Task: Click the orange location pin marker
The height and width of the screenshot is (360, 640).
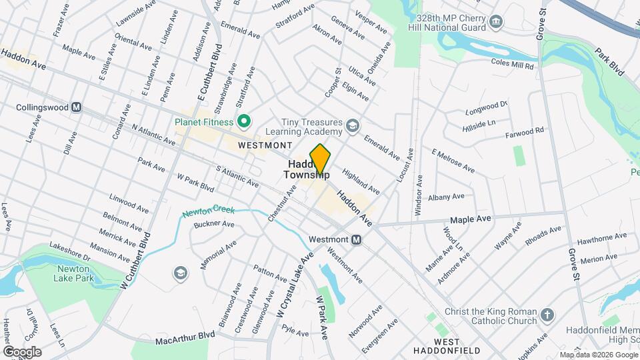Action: click(x=320, y=160)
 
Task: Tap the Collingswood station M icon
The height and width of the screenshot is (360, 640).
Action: click(x=77, y=107)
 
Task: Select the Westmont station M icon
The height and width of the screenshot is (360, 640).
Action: click(x=356, y=239)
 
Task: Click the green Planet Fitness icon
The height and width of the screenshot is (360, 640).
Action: click(x=244, y=121)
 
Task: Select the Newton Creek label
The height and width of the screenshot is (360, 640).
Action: click(x=209, y=211)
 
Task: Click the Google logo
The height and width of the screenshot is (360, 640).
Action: click(x=21, y=352)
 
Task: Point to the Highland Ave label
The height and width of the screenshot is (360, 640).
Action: click(x=361, y=180)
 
